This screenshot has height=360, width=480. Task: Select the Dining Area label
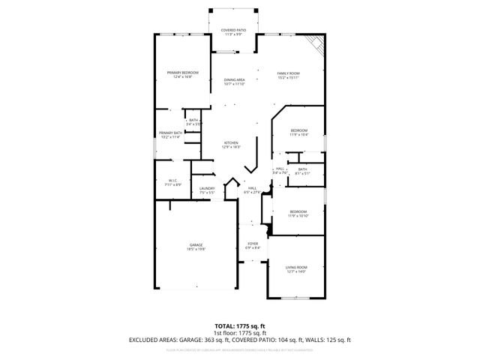click(x=235, y=82)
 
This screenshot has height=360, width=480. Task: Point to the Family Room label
click(x=289, y=73)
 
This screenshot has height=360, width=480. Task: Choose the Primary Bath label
click(x=171, y=134)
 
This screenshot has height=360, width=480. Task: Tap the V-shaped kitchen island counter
click(x=256, y=160)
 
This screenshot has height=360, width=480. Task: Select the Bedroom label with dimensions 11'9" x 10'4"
click(x=299, y=132)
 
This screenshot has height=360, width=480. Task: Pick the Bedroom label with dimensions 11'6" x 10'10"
click(x=299, y=213)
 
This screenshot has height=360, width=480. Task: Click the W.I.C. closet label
click(x=172, y=181)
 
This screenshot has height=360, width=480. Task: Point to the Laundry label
click(x=207, y=190)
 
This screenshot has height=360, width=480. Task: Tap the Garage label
click(x=196, y=247)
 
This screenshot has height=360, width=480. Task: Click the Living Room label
click(x=296, y=269)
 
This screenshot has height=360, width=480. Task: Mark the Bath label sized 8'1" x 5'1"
click(x=302, y=171)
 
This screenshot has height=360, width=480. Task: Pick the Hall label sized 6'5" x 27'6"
click(x=253, y=190)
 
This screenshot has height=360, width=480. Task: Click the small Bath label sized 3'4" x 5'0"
click(x=193, y=122)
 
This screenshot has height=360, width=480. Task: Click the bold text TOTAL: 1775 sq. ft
click(x=239, y=325)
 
